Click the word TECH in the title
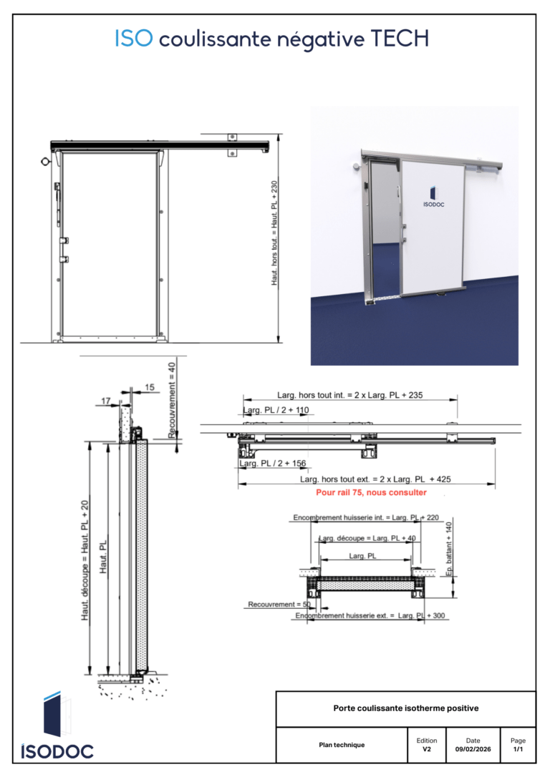point(400,39)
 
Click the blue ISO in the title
point(134,39)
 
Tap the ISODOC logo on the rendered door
point(433,197)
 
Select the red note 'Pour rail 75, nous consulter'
point(372,492)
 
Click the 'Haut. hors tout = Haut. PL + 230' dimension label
point(274,233)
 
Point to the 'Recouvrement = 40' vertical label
point(172,400)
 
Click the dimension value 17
point(106,401)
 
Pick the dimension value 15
point(150,387)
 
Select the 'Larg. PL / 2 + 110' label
point(276,410)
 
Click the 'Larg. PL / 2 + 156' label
point(273,464)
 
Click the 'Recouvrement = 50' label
point(279,605)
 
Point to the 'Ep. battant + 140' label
point(449,549)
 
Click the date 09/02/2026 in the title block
point(473,749)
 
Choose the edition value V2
point(427,749)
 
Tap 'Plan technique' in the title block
point(342,745)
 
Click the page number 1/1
point(518,749)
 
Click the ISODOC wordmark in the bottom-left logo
point(57,751)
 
